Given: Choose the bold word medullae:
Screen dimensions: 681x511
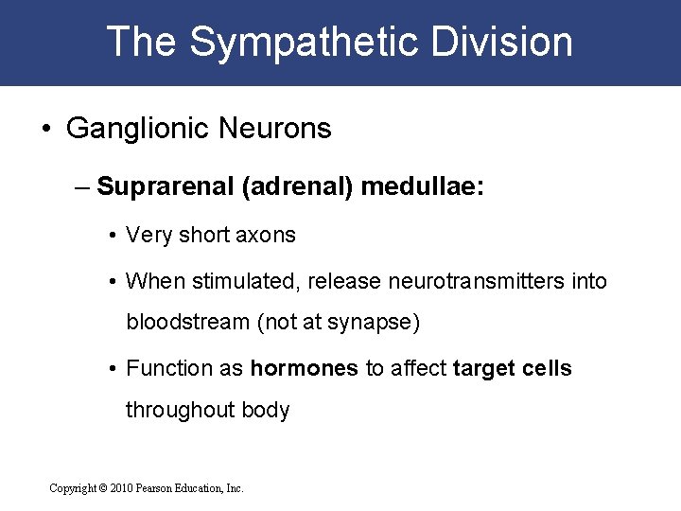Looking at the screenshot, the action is [x=421, y=185].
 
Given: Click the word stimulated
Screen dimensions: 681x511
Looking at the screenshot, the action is [x=237, y=281].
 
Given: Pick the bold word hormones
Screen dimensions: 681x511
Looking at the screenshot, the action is [x=304, y=368].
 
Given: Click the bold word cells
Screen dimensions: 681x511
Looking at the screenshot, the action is [x=548, y=368].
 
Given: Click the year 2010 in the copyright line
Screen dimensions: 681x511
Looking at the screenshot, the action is [x=120, y=488].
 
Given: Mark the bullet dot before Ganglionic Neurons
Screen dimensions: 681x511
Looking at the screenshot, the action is [x=48, y=130].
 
